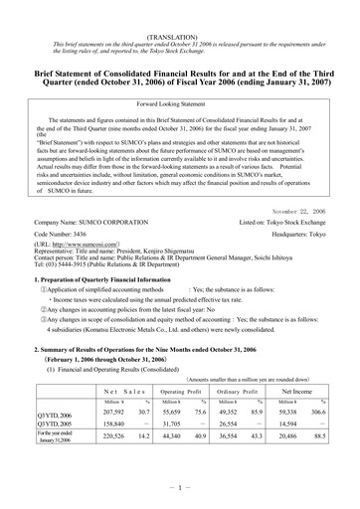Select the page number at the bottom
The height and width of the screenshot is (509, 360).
click(180, 500)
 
